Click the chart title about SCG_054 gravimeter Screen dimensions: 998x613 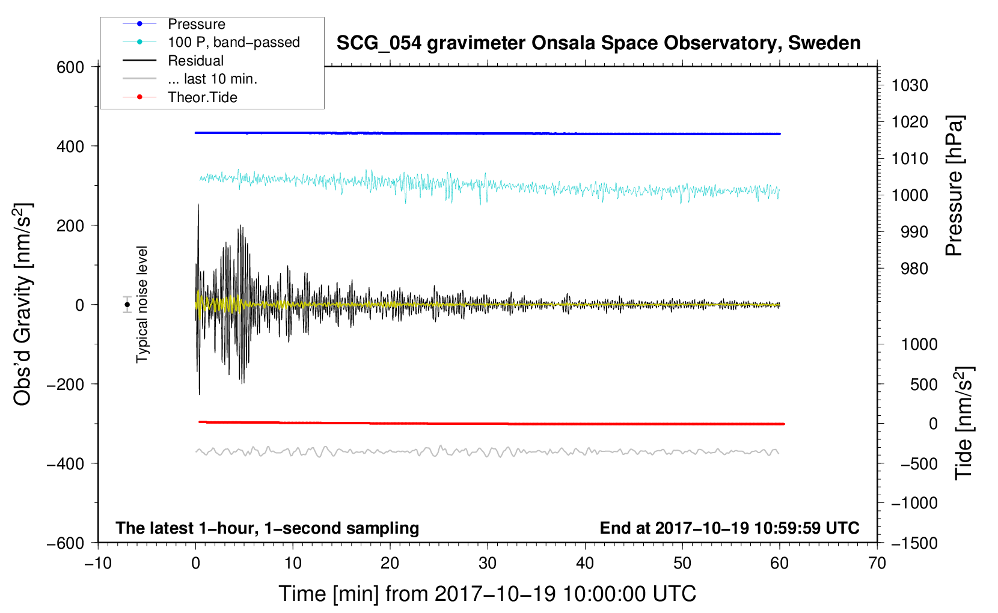coord(598,43)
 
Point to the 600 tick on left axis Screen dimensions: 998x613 coord(70,67)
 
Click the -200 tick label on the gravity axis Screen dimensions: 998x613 coord(66,384)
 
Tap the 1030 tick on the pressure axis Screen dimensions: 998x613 coord(910,85)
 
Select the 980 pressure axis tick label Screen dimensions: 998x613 coord(914,269)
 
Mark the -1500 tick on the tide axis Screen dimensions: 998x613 coord(914,543)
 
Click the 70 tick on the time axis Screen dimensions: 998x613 coord(877,564)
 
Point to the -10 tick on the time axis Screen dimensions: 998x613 coord(98,564)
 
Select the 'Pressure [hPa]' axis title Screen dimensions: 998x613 coord(954,186)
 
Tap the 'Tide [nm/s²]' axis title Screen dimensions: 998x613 coord(964,423)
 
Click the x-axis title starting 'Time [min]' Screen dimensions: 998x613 coord(488,594)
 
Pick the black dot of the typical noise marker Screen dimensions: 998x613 coord(127,305)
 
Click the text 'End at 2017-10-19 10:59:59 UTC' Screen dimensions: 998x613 coord(729,528)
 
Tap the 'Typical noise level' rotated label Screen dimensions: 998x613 coord(142,305)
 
